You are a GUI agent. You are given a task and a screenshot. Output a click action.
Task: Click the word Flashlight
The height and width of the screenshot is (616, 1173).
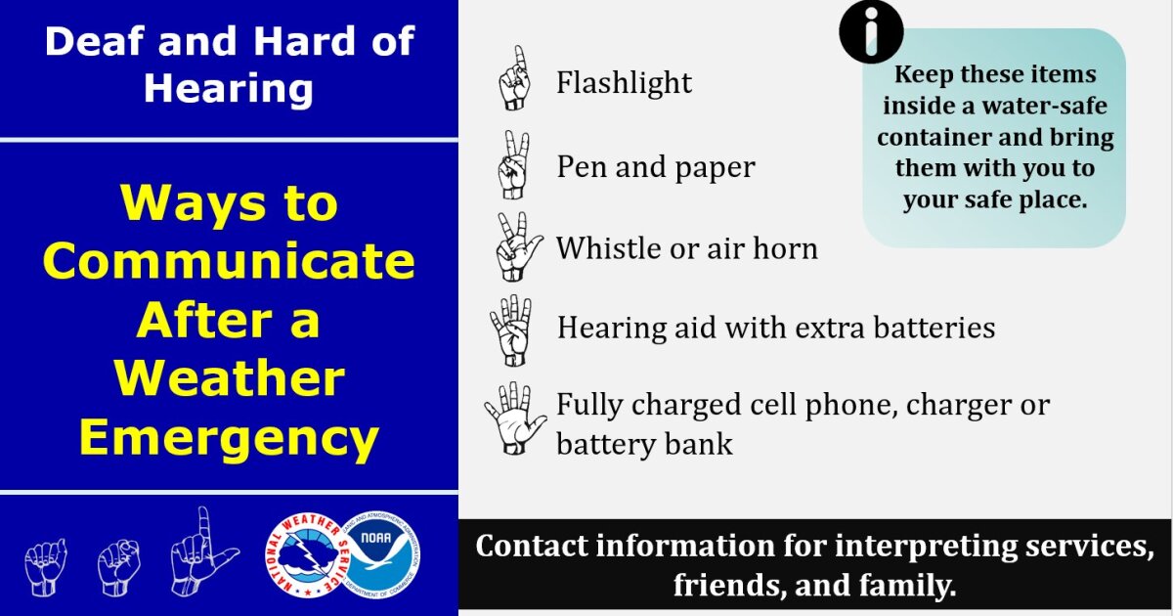[x=624, y=83]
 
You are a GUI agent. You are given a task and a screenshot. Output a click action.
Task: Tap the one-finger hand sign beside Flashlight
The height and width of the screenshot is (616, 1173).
[x=514, y=78]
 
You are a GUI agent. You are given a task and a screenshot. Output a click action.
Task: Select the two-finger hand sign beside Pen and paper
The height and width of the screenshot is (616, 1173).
[x=512, y=165]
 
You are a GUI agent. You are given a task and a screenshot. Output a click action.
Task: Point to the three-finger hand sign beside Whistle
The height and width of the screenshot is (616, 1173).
[x=515, y=247]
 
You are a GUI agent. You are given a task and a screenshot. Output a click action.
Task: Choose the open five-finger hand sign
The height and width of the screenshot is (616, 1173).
[x=513, y=418]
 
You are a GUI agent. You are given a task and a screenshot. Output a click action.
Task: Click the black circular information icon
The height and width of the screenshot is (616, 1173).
[x=871, y=32]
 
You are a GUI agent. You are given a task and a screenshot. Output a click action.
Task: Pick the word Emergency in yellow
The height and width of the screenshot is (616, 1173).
[x=229, y=437]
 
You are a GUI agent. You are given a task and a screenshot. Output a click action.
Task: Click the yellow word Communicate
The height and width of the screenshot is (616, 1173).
[x=229, y=261]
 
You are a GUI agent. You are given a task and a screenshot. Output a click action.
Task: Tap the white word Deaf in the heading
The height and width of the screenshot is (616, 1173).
[x=95, y=43]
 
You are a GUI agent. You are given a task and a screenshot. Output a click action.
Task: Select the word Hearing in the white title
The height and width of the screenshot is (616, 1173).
[x=229, y=89]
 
